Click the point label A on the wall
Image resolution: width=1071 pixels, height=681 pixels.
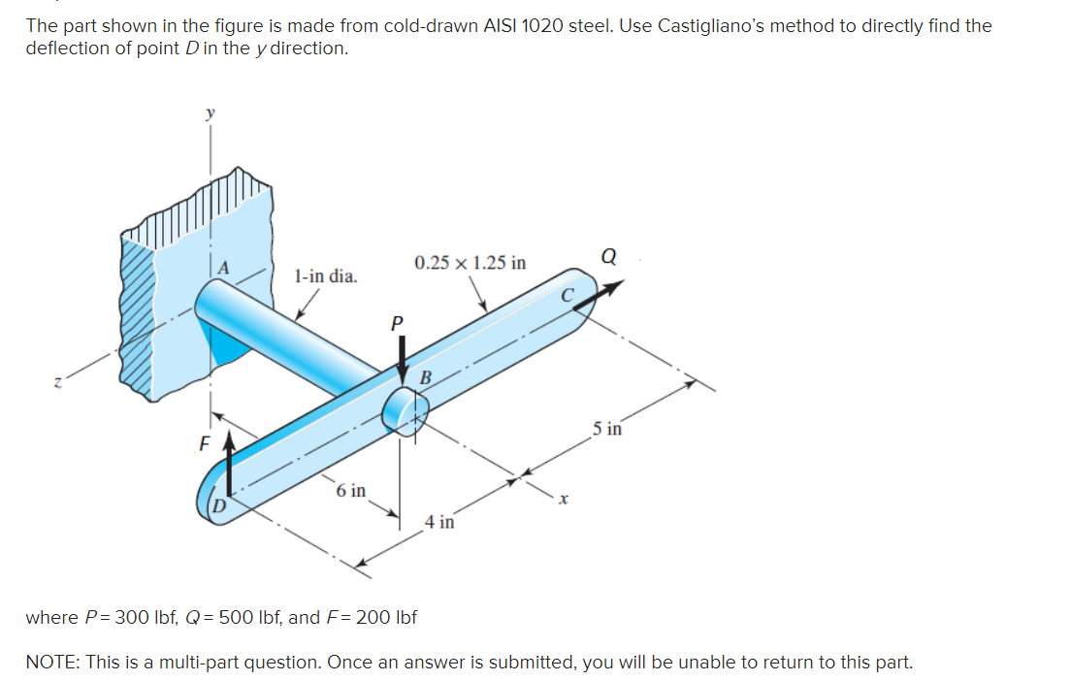[x=224, y=268]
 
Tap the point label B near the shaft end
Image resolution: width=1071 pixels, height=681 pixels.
[x=425, y=376]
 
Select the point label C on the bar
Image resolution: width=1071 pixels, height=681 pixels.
[x=568, y=293]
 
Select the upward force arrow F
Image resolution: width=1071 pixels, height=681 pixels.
[x=230, y=466]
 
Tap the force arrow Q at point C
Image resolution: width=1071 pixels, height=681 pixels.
[x=598, y=293]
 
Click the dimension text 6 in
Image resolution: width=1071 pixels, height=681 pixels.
[x=351, y=490]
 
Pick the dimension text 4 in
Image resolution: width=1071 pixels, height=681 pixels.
[x=439, y=522]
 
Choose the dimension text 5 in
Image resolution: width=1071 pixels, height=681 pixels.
[x=608, y=428]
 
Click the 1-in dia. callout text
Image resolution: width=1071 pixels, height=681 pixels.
[x=325, y=276]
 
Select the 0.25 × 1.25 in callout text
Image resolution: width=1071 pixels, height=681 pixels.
[x=470, y=263]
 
